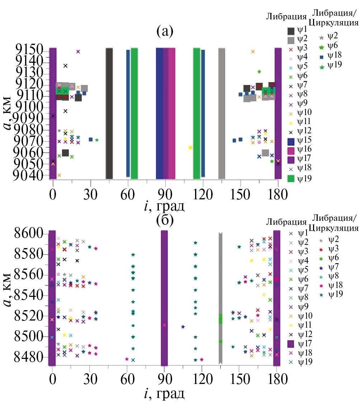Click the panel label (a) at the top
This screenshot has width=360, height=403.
tap(165, 32)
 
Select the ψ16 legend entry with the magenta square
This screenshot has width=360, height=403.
tap(298, 149)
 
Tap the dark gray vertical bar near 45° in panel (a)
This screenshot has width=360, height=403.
tap(109, 113)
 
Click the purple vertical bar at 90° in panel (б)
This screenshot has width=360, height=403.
tap(164, 298)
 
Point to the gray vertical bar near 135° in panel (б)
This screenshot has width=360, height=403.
tap(221, 298)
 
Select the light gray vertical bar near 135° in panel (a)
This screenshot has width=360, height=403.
tap(222, 113)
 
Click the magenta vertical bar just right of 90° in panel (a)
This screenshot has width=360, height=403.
tap(172, 113)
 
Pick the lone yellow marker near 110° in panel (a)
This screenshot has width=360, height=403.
tap(190, 147)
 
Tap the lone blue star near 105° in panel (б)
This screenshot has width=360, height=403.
tap(183, 327)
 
